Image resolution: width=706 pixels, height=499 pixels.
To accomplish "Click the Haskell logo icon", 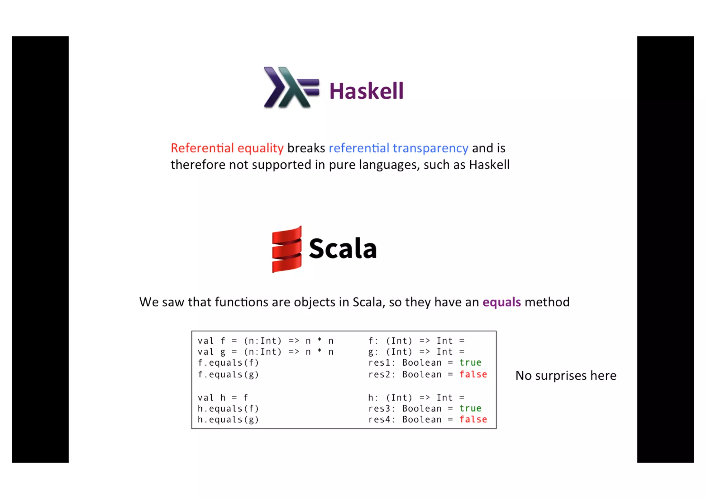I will [x=291, y=88].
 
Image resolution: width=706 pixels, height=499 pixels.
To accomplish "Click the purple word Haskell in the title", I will [x=366, y=91].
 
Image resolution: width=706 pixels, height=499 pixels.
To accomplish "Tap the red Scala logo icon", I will [x=287, y=249].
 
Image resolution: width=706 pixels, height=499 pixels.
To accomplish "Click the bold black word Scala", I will [x=343, y=248].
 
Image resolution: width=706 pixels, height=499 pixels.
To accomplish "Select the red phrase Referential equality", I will [x=227, y=148].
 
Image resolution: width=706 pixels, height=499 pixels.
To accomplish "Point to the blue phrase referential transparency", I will [x=398, y=148].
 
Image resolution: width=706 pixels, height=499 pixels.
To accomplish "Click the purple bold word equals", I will [x=502, y=302].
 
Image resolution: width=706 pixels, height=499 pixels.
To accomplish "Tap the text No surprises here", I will [x=566, y=376].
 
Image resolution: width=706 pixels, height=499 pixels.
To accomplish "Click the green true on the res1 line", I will [x=470, y=363].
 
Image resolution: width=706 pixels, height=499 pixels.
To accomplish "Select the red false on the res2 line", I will [x=473, y=374].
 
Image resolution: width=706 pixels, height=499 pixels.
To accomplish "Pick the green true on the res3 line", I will [x=470, y=408].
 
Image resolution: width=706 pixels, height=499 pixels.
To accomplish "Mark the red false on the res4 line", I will [x=473, y=419].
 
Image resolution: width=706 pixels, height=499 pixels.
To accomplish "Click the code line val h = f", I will [x=223, y=398].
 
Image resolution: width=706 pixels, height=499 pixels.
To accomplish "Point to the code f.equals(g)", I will [x=228, y=374].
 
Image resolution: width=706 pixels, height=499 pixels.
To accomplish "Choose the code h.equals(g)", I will [x=228, y=419].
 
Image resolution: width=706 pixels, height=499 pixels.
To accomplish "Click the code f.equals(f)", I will [x=228, y=363].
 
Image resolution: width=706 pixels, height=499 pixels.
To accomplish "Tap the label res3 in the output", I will [x=380, y=409].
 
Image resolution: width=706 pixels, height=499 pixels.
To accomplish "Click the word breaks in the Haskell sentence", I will [x=306, y=148].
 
